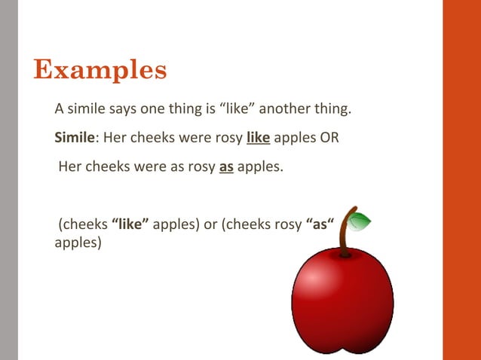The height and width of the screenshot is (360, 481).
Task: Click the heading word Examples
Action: click(100, 70)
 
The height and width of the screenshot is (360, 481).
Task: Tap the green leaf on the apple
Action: click(361, 221)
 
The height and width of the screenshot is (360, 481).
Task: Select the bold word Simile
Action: click(75, 138)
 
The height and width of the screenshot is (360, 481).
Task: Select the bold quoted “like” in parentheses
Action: click(130, 224)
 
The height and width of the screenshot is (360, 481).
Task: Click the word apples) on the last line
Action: click(78, 243)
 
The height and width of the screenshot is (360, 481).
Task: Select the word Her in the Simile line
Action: click(115, 138)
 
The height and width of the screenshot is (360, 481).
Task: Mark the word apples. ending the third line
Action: click(261, 166)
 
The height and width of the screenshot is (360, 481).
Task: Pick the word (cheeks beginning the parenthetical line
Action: click(83, 224)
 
